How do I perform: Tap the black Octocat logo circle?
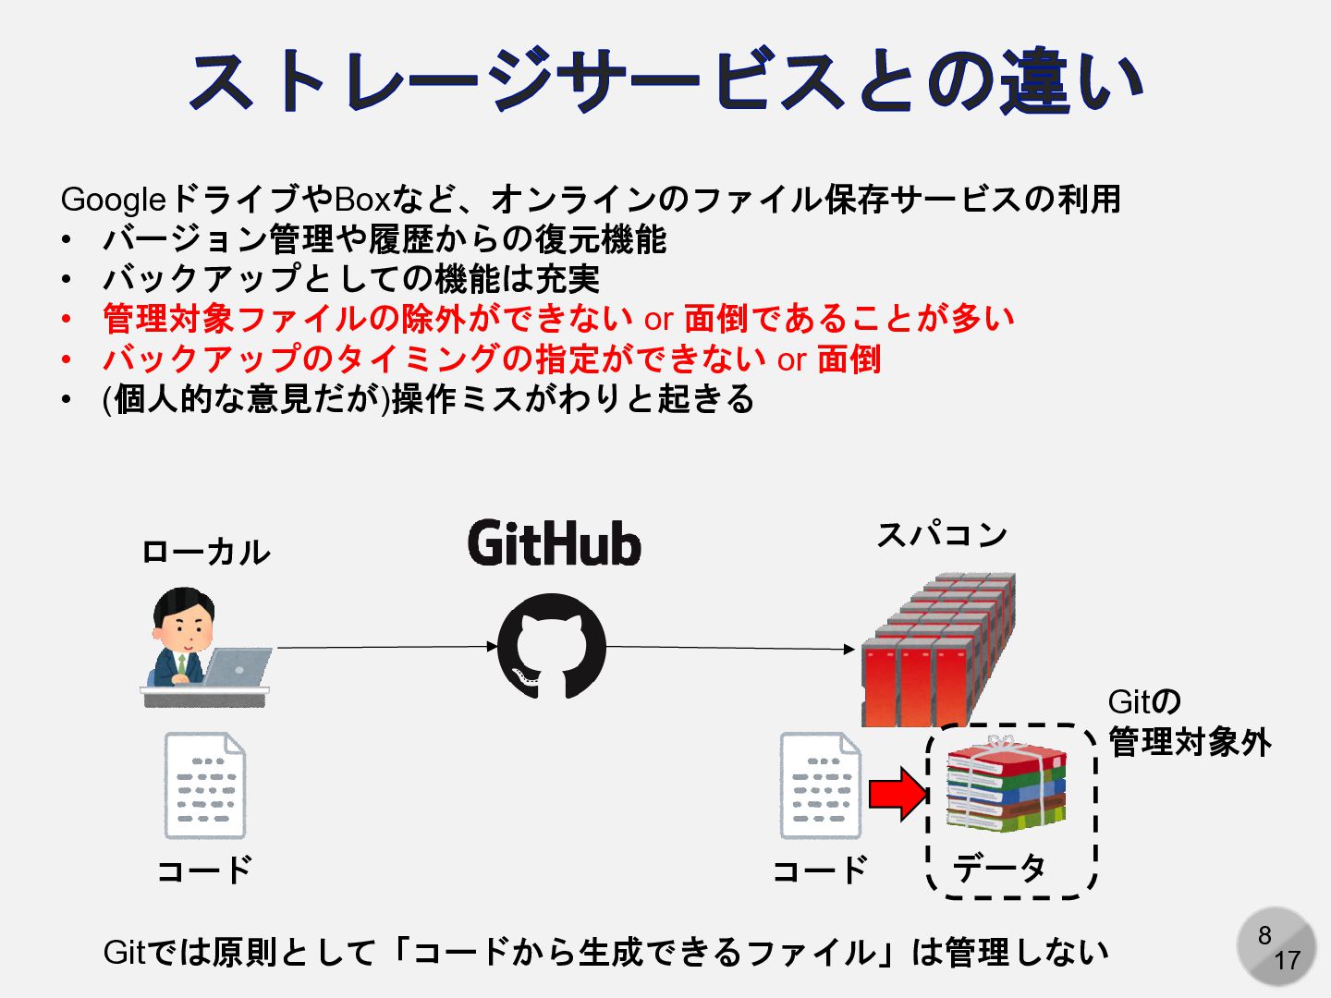click(552, 646)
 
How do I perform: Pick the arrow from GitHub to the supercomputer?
click(730, 648)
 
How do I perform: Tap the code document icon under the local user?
click(204, 785)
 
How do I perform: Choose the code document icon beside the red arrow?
click(820, 785)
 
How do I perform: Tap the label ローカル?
click(205, 552)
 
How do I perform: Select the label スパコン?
click(941, 534)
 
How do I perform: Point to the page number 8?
click(1264, 935)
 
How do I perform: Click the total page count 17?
click(1287, 961)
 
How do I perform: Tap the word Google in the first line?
click(113, 200)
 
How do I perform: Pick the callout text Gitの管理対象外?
click(1189, 722)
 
